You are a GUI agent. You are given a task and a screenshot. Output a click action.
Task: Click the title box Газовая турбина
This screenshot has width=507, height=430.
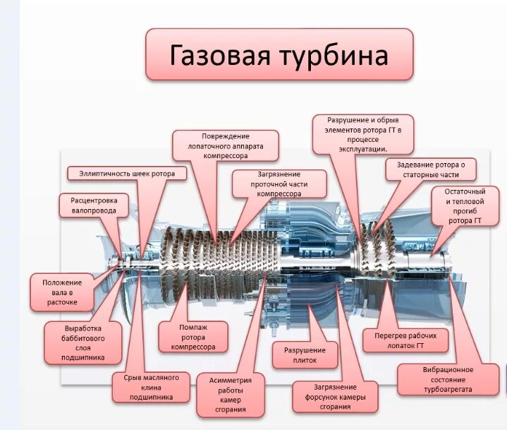click(x=279, y=54)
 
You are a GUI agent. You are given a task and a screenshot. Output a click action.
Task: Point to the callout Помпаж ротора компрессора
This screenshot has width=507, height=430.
click(x=193, y=337)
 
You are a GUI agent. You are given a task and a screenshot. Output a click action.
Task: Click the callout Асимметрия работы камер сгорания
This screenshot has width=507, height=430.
click(x=231, y=395)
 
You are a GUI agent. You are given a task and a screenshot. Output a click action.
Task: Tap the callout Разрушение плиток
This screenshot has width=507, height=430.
click(x=305, y=355)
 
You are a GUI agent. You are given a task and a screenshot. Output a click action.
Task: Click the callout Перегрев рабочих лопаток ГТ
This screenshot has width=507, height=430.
click(x=405, y=340)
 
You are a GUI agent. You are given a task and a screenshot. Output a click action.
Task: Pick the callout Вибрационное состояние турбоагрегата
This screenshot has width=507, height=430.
click(x=448, y=379)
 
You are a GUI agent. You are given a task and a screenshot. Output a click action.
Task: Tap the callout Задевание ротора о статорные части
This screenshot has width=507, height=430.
click(x=431, y=169)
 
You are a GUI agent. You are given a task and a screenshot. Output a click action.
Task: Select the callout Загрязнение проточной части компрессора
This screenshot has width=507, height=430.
click(x=279, y=184)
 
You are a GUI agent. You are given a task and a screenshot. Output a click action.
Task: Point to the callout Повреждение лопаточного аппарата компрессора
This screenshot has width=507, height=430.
click(x=226, y=145)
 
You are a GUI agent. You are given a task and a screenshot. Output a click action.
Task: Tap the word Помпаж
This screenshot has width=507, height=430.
click(x=193, y=328)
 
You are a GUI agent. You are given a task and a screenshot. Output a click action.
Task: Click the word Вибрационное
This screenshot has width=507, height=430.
click(x=448, y=369)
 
